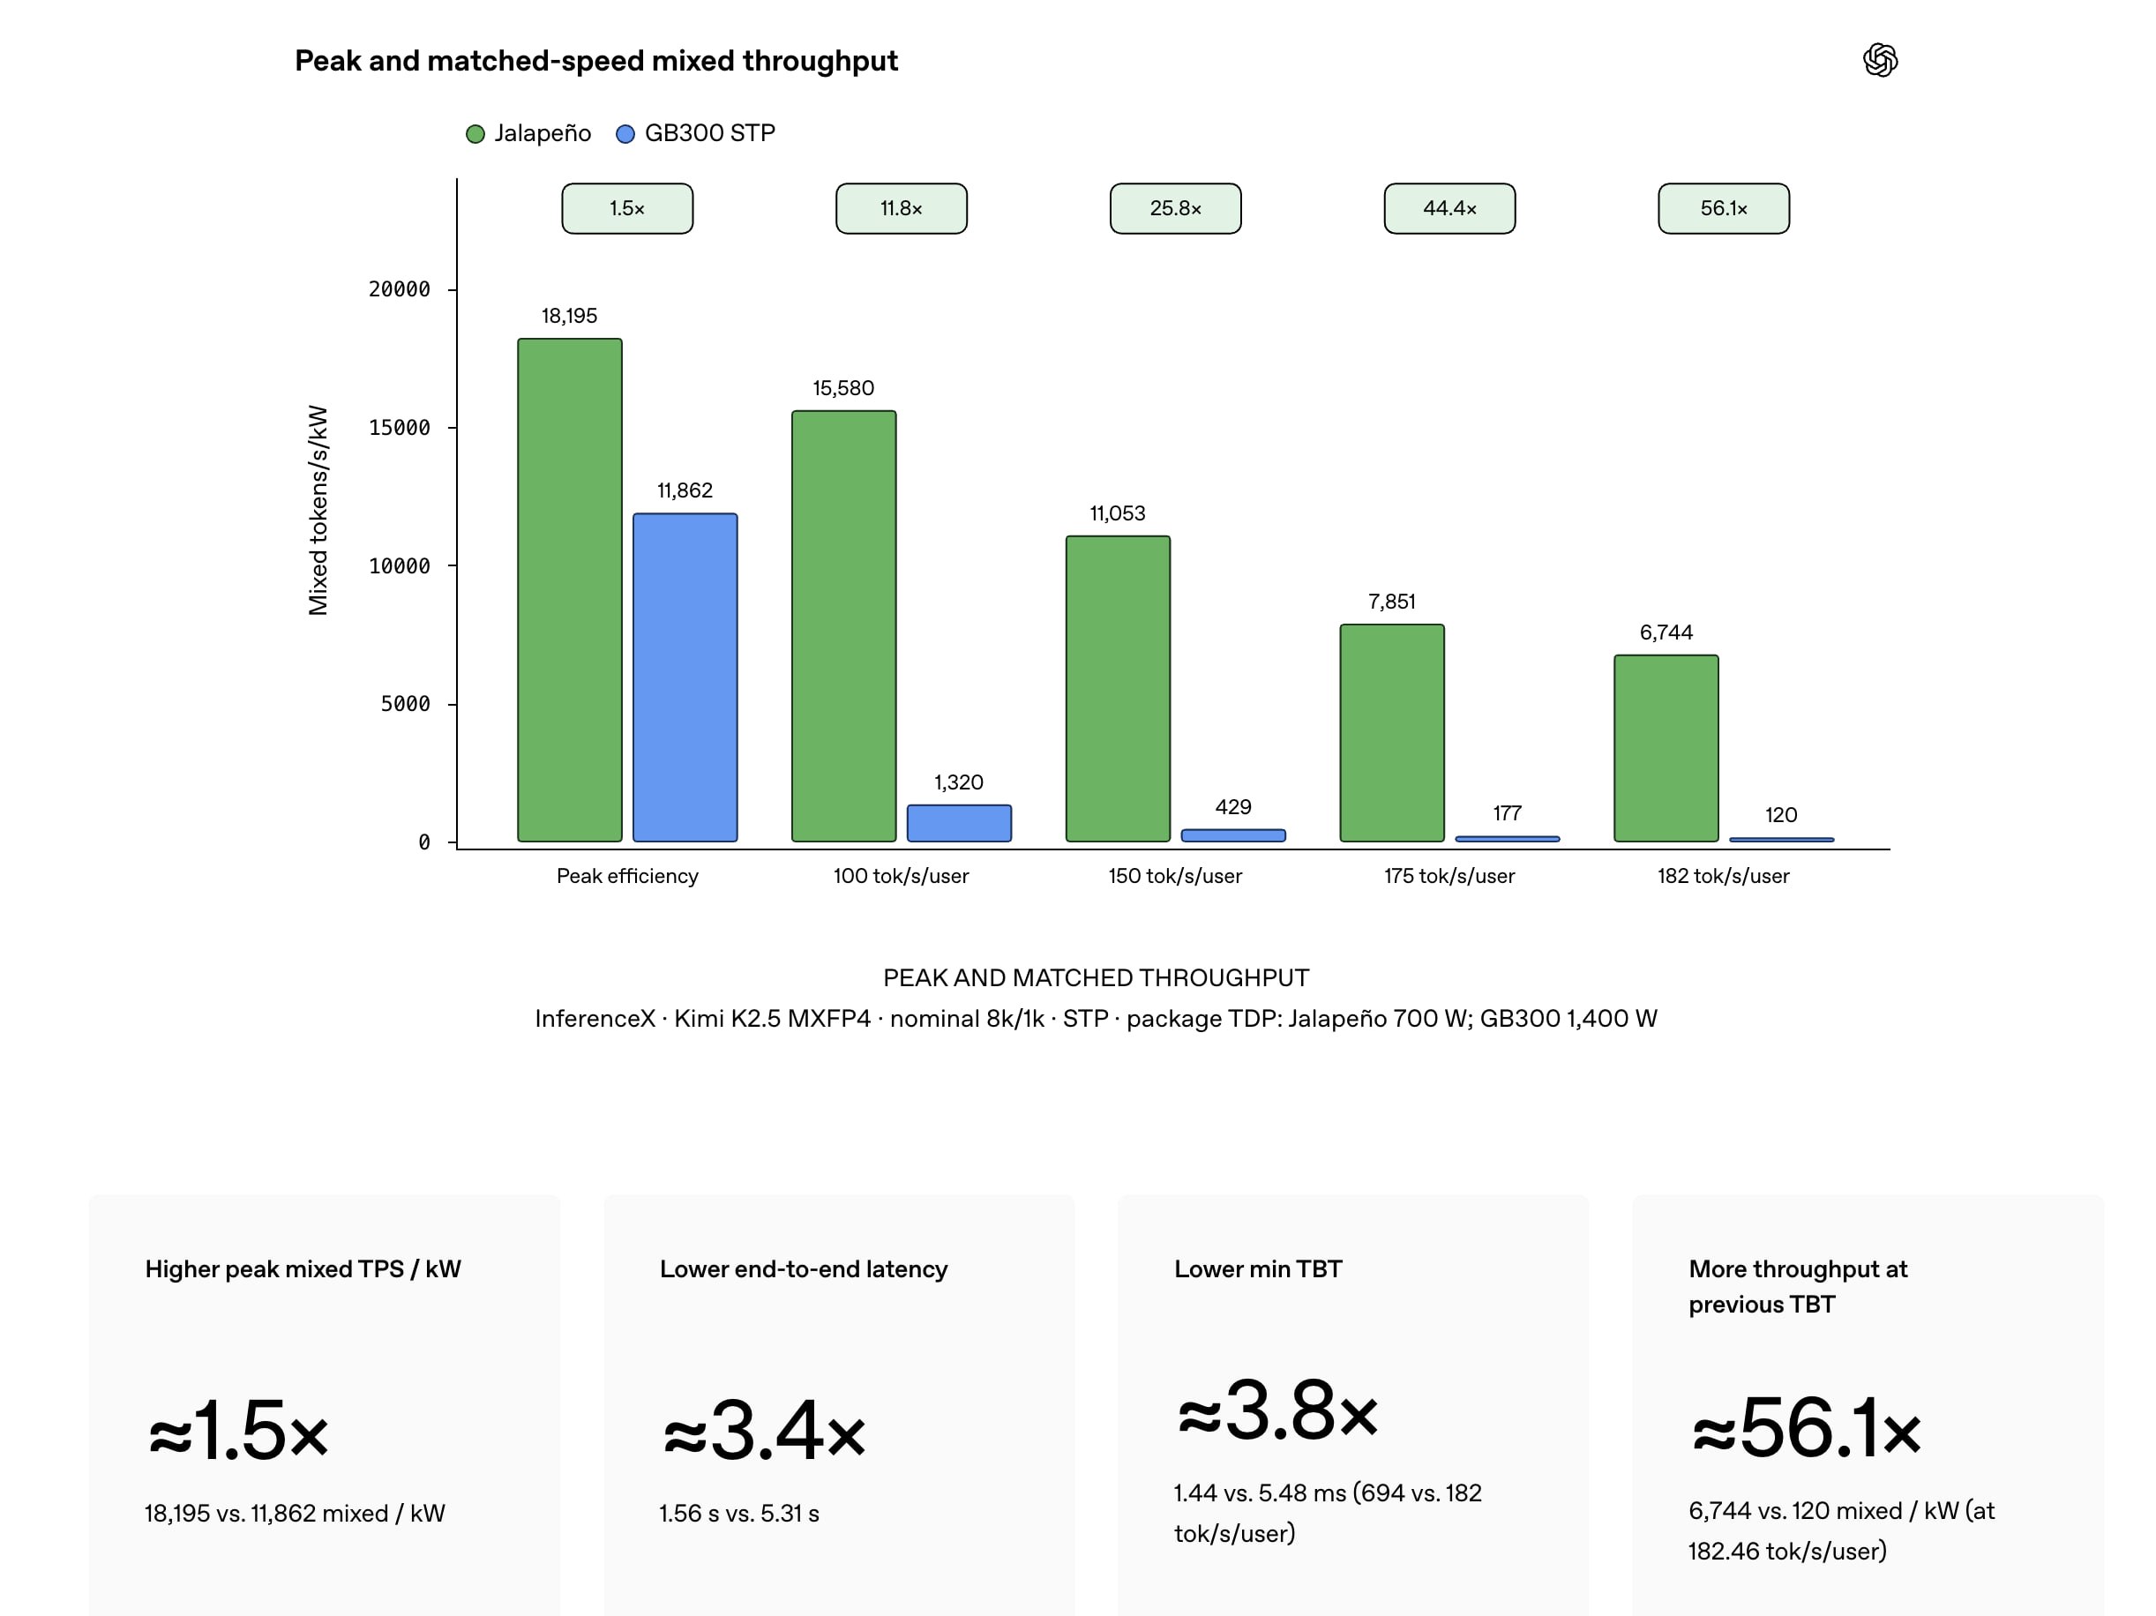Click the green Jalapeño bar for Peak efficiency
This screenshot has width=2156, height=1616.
click(569, 589)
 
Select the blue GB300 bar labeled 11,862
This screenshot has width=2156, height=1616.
click(685, 677)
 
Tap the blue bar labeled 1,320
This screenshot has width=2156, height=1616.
click(959, 823)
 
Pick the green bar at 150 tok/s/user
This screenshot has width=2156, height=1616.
click(1118, 688)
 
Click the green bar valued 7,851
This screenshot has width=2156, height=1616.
click(1392, 733)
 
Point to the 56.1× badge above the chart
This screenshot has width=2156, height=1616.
click(1723, 208)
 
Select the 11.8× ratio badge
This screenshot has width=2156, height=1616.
click(902, 208)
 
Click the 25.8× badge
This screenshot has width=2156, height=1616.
click(1175, 208)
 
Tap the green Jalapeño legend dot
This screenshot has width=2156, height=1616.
click(475, 133)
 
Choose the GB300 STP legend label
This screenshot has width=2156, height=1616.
click(709, 132)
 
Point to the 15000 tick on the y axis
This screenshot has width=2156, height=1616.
click(399, 428)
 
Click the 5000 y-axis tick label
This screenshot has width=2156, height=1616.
click(405, 704)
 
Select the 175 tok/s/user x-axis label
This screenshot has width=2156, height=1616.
click(1449, 876)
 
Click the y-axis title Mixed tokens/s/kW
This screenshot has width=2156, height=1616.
click(318, 511)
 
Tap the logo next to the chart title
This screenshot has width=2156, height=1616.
click(1880, 61)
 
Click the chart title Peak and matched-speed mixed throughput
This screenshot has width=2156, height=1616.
click(596, 61)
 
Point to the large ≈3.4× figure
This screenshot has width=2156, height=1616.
click(764, 1431)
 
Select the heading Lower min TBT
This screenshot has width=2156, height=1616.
click(1257, 1269)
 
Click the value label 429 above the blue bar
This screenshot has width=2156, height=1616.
click(1233, 807)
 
